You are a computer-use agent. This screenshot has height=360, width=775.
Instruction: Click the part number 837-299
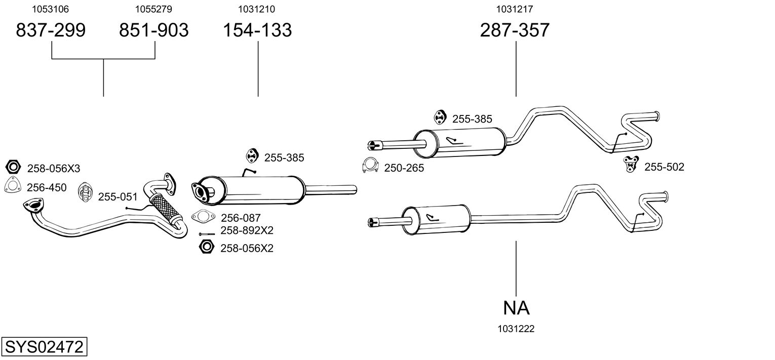(x=51, y=30)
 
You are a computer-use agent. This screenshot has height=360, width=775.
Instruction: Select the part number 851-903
(x=153, y=30)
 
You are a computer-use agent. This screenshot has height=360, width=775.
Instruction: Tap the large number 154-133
(x=258, y=30)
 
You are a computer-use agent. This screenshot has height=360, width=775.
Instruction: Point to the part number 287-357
(x=514, y=30)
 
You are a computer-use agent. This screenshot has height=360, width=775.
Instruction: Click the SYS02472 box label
(x=44, y=348)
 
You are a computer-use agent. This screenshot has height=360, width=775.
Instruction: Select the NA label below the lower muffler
(x=516, y=308)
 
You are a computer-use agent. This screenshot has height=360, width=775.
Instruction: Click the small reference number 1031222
(x=516, y=329)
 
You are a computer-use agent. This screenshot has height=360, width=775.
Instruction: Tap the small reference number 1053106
(x=51, y=9)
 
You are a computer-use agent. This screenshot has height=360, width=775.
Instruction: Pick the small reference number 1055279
(x=153, y=9)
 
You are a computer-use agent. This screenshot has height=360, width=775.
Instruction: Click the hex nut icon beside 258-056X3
(x=14, y=167)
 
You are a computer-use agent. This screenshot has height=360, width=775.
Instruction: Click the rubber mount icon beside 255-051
(x=86, y=192)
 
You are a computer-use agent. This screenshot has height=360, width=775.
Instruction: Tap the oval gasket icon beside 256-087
(x=203, y=217)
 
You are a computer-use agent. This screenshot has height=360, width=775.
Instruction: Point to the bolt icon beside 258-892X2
(x=207, y=233)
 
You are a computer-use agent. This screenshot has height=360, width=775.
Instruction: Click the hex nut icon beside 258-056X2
(x=207, y=248)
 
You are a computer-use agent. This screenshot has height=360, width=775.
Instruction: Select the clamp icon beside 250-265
(x=371, y=166)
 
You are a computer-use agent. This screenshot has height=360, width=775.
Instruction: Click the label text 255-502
(x=664, y=167)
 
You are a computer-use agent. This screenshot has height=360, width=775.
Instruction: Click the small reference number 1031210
(x=258, y=9)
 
